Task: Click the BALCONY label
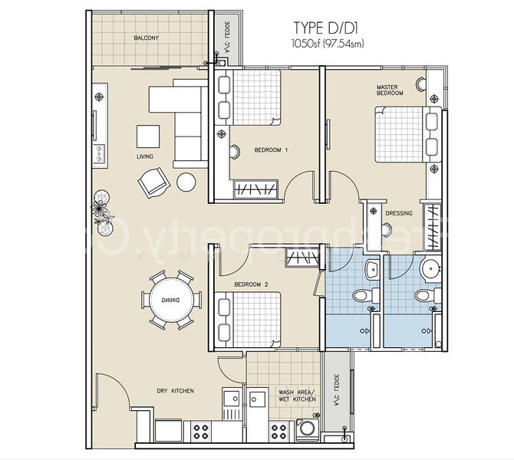coord(146,38)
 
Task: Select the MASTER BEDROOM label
coord(389,90)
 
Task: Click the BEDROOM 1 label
coord(271,150)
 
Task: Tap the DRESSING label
coord(400,213)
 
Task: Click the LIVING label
coord(145,157)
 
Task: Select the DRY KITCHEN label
coord(175,391)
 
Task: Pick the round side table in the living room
coord(186,182)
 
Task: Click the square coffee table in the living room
coord(149,136)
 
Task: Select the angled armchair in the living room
coord(151,183)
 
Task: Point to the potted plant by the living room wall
coord(101,208)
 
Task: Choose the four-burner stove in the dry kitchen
coord(202,431)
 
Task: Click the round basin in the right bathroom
coord(430,266)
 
